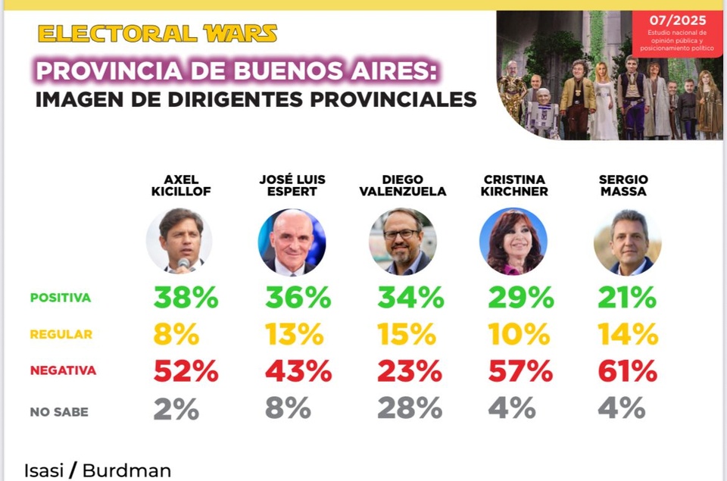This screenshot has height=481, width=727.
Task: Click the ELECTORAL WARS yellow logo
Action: click(157, 33)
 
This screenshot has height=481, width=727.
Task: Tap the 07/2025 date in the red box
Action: click(678, 20)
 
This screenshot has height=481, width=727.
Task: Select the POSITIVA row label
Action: click(61, 298)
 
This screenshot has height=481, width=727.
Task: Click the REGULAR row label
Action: click(61, 334)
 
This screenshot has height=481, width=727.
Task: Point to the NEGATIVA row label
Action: click(63, 370)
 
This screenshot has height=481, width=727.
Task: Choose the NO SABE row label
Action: click(59, 412)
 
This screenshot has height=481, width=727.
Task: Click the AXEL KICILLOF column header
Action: click(181, 186)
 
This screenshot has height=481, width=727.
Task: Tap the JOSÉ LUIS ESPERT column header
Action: click(292, 186)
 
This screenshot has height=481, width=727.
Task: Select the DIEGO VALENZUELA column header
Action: click(403, 186)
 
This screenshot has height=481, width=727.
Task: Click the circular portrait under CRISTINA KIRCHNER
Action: click(513, 242)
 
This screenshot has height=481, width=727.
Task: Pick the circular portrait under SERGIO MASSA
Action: click(627, 242)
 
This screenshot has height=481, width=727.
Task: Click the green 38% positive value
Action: click(186, 298)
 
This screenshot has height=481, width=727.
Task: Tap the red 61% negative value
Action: click(627, 371)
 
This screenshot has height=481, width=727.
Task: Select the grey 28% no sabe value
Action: click(410, 408)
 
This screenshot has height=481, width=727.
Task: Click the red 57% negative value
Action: click(520, 371)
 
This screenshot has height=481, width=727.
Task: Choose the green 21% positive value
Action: click(627, 298)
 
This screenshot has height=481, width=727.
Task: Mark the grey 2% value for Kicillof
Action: click(176, 408)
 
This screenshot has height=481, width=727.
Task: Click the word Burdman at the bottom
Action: click(126, 470)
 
